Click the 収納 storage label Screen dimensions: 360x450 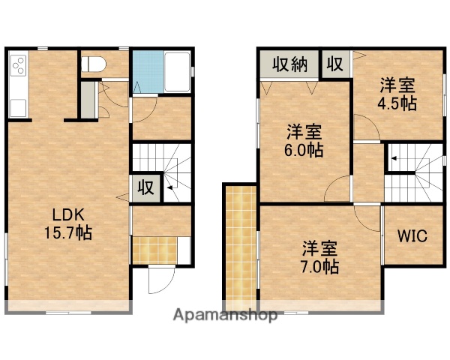pyautogui.click(x=289, y=64)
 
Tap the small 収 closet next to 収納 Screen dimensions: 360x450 pyautogui.click(x=335, y=64)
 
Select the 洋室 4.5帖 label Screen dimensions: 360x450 pyautogui.click(x=397, y=94)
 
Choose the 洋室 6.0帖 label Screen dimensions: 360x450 pyautogui.click(x=304, y=141)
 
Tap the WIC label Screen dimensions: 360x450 pyautogui.click(x=411, y=237)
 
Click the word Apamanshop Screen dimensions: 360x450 pyautogui.click(x=224, y=315)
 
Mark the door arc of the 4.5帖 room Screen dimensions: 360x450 pyautogui.click(x=367, y=124)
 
